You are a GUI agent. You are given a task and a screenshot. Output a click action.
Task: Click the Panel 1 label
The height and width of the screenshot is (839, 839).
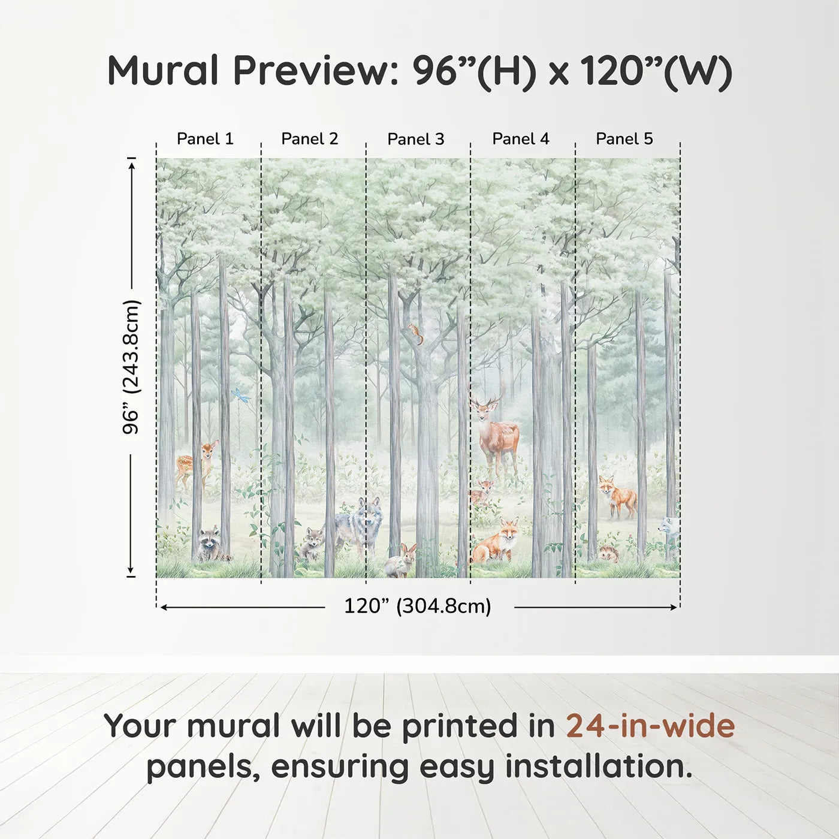coord(205,139)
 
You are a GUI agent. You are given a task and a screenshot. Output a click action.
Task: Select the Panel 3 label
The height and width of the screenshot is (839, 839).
coord(416,140)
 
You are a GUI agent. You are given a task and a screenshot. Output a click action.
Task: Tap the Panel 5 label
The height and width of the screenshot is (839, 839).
coord(624,139)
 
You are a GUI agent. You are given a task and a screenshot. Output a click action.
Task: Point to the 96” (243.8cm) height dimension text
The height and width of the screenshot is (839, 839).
coord(131,367)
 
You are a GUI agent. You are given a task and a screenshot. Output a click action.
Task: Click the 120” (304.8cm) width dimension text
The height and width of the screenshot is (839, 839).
coord(418,606)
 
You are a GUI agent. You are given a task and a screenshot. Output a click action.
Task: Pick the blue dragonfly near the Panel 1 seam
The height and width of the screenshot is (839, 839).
coord(240,395)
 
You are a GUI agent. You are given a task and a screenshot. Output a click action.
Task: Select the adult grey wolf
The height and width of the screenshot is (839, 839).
coord(360,523)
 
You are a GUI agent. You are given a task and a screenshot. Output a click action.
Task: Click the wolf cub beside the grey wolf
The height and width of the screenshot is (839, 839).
coord(312,544)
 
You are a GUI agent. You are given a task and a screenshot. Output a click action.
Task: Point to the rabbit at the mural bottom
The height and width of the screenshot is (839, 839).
coord(400,560)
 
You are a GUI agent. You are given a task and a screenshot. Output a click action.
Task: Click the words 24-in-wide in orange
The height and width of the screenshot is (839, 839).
coord(650,726)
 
